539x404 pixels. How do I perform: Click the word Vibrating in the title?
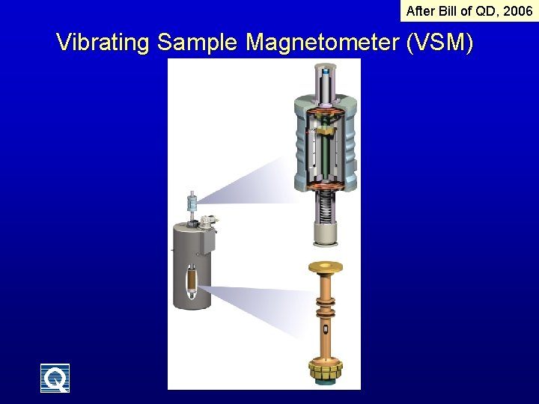click(103, 43)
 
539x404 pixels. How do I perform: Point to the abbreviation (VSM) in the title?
click(439, 43)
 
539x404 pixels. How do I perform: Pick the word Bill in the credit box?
click(451, 11)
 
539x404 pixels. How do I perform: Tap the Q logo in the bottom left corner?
click(55, 378)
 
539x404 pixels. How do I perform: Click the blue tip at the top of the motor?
click(327, 73)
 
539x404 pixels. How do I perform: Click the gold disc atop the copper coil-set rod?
click(326, 267)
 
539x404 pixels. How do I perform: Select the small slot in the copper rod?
click(326, 330)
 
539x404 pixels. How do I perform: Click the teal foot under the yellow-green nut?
click(326, 383)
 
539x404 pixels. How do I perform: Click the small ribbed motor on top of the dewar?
click(192, 203)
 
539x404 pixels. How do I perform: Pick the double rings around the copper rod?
click(326, 308)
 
